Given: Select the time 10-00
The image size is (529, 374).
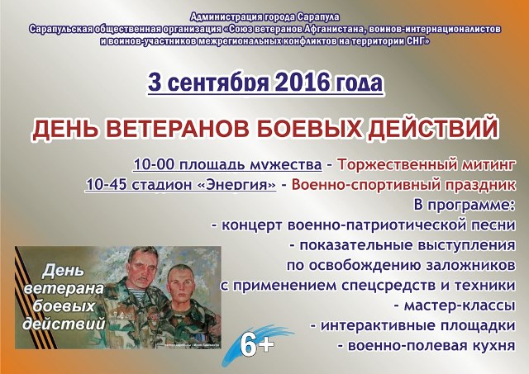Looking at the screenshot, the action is tap(154, 165).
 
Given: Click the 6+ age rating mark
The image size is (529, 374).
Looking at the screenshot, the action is tap(257, 346).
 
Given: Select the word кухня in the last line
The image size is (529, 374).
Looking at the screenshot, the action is tap(488, 346).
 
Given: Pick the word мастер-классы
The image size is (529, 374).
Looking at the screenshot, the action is tap(460, 305).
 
